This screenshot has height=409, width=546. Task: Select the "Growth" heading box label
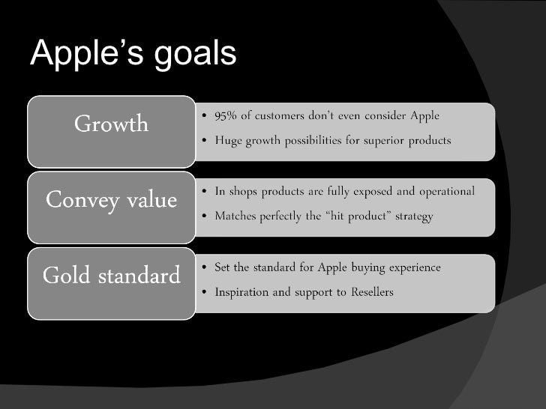[111, 124]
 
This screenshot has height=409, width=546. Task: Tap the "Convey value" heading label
[111, 201]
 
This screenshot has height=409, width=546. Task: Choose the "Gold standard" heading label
[111, 276]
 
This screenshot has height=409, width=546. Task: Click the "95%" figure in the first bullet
[226, 116]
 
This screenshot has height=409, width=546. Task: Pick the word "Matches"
[235, 216]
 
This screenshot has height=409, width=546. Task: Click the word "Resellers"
[367, 292]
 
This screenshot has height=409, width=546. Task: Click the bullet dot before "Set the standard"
[205, 268]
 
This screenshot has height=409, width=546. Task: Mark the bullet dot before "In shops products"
[205, 193]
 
